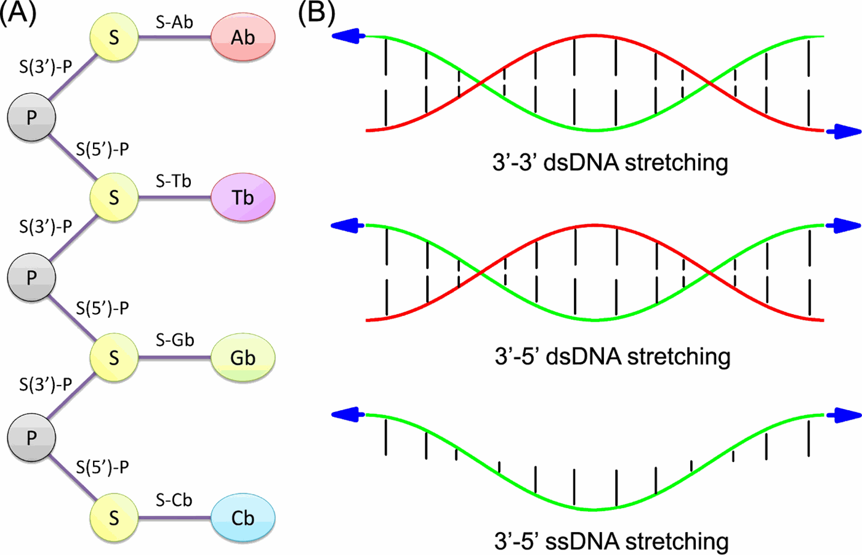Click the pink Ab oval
pos(243,38)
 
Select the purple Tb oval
pos(243,197)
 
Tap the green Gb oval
pos(243,358)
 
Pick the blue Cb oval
pos(243,518)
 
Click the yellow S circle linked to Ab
pos(114,38)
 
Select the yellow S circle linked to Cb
pos(114,518)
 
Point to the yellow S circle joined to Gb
pos(114,358)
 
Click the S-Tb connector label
pos(174,181)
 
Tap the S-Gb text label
pos(175,340)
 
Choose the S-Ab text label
pos(174,22)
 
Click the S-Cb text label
pos(174,500)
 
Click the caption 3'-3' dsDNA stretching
pos(610,163)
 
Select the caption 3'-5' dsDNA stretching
pos(613,356)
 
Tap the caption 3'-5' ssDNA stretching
pos(611,541)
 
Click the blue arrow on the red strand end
pos(843,131)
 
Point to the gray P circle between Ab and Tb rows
pos(31,117)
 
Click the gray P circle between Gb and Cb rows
pos(31,437)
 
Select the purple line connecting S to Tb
pos(174,198)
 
